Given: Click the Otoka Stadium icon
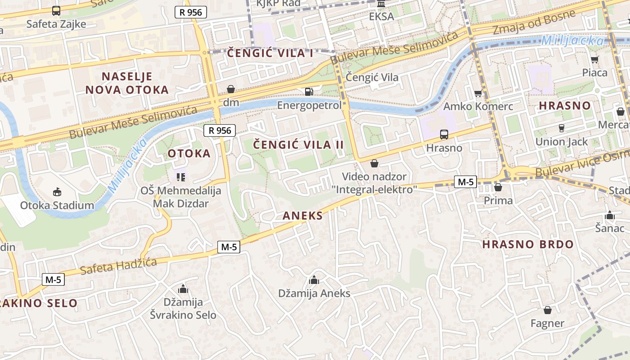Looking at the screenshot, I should pyautogui.click(x=57, y=192).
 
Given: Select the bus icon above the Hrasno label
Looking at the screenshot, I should pyautogui.click(x=444, y=134).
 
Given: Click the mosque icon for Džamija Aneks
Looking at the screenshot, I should pyautogui.click(x=314, y=280).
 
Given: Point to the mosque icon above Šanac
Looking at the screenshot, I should pyautogui.click(x=610, y=215).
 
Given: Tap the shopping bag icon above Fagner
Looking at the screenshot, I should pyautogui.click(x=547, y=310).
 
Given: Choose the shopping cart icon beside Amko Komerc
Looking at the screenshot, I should pyautogui.click(x=478, y=93).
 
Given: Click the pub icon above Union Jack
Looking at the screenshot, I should pyautogui.click(x=561, y=128).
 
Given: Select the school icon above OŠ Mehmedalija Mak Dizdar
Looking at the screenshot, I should pyautogui.click(x=181, y=177).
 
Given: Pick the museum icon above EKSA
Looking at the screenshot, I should pyautogui.click(x=381, y=4).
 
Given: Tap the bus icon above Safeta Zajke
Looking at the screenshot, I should pyautogui.click(x=56, y=11).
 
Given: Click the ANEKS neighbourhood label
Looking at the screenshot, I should pyautogui.click(x=302, y=216).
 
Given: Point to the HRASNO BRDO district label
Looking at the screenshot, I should pyautogui.click(x=528, y=245).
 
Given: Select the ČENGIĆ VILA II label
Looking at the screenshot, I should pyautogui.click(x=298, y=145).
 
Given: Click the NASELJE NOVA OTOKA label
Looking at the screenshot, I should pyautogui.click(x=127, y=83).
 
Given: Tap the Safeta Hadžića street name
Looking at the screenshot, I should pyautogui.click(x=118, y=266).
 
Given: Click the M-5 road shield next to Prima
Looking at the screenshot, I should pyautogui.click(x=465, y=182).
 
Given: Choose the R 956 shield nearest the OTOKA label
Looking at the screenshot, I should pyautogui.click(x=220, y=131).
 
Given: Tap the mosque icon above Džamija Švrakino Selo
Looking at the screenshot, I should pyautogui.click(x=183, y=289).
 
